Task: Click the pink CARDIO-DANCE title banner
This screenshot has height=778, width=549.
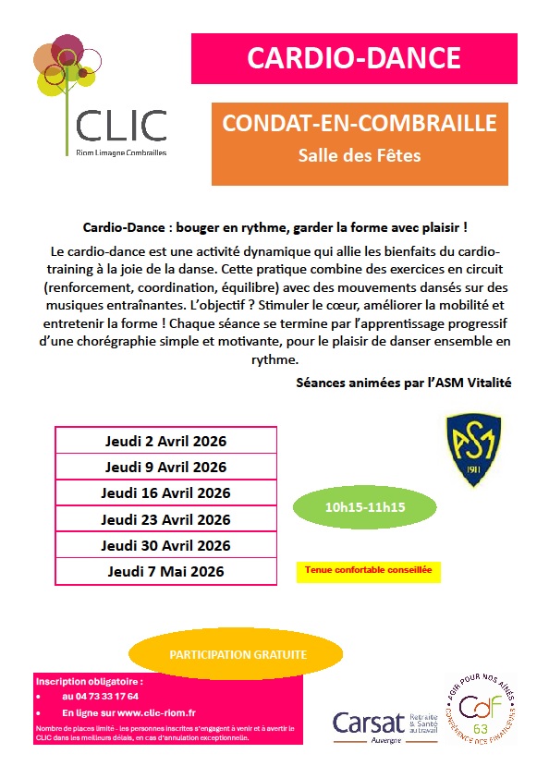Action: coord(354,58)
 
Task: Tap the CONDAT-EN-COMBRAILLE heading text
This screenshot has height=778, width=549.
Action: coord(360,124)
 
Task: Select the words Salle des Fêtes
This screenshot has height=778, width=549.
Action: coord(360,155)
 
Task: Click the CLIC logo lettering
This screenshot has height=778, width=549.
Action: coord(122,125)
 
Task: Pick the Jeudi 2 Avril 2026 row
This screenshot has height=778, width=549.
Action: coord(165,441)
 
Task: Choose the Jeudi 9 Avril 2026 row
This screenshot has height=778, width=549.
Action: coord(165,467)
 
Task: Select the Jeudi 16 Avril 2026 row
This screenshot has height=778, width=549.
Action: coord(165,492)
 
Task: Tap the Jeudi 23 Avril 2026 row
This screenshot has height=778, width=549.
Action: coord(165,519)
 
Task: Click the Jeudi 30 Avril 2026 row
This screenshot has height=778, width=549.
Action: coord(165,545)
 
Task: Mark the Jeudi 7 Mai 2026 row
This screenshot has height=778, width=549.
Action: coord(165,571)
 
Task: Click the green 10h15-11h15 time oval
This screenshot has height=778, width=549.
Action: coord(365,506)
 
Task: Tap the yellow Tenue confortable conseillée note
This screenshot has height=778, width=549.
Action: coord(369,571)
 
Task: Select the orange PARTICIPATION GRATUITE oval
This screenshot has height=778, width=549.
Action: coord(238,654)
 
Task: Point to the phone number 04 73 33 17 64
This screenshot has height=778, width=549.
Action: coord(100,696)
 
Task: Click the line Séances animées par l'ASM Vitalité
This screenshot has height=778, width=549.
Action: coord(403,382)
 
